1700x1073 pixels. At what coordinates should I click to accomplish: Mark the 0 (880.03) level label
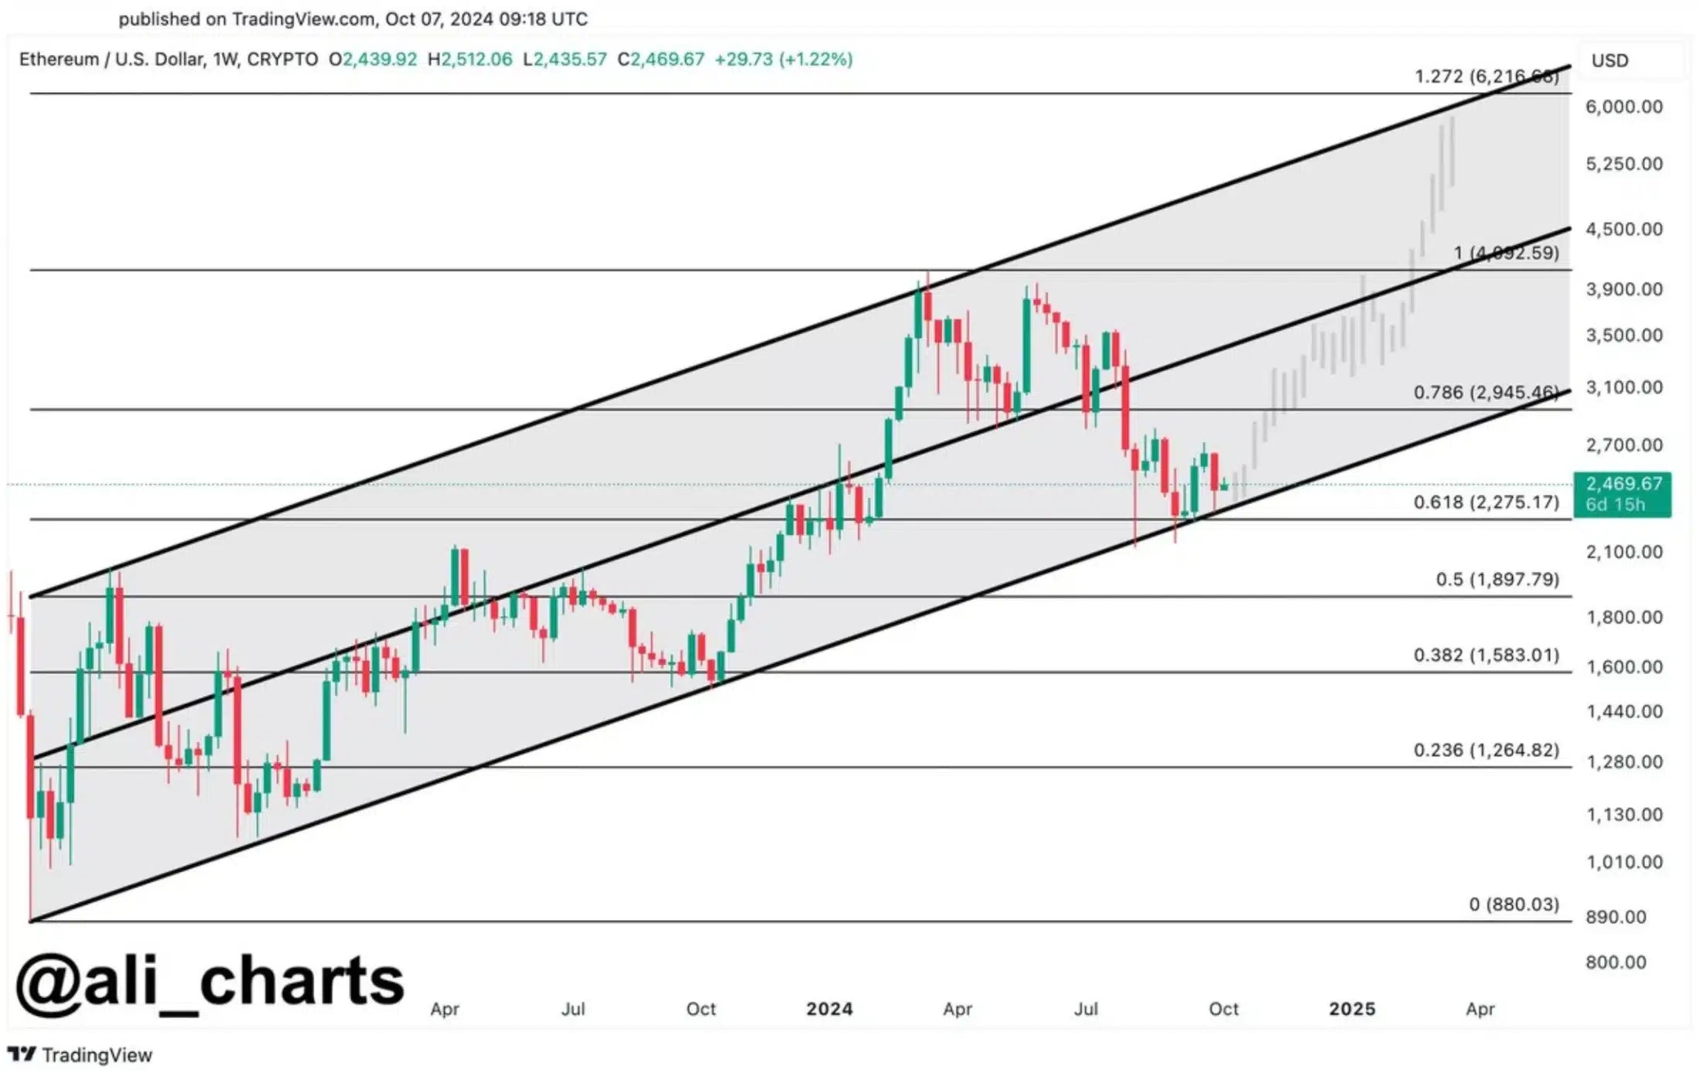1514,904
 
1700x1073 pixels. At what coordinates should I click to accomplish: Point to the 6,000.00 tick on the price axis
1623,107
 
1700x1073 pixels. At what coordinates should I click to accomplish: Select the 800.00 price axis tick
1616,962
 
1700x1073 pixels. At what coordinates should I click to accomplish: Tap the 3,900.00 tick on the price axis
1623,289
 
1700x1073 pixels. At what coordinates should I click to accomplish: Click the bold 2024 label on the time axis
829,1009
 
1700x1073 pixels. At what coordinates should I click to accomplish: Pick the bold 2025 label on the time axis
1352,1009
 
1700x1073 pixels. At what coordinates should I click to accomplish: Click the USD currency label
1610,60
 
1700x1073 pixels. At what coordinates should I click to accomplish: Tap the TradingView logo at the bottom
80,1054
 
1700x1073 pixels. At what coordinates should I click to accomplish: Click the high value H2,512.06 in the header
470,60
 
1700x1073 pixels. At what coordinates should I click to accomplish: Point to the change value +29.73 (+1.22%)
783,60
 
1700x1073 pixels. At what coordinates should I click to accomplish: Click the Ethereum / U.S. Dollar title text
112,60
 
